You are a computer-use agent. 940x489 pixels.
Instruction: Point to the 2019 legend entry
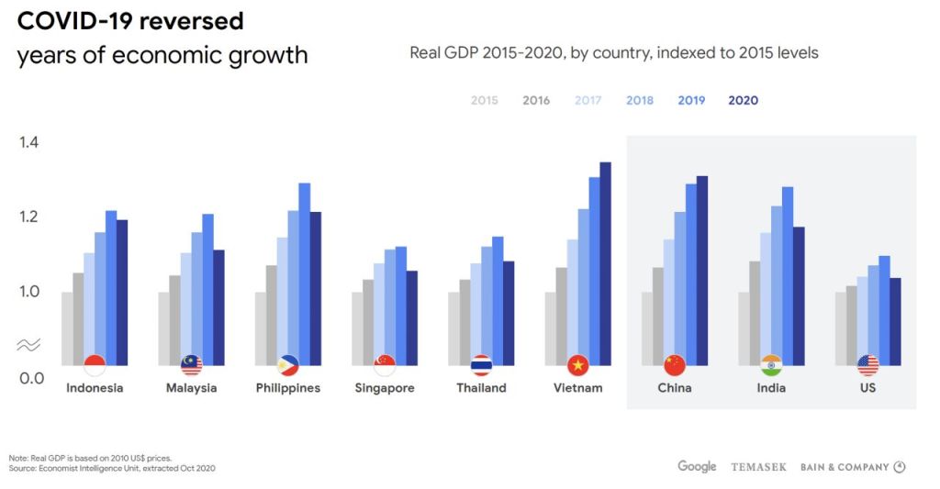tap(691, 100)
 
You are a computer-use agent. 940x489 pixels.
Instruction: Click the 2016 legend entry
tap(536, 100)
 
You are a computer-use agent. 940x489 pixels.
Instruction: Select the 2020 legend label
tap(743, 100)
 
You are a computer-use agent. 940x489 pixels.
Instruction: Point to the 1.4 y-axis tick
tap(31, 141)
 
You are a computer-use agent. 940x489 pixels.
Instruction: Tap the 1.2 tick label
tap(31, 217)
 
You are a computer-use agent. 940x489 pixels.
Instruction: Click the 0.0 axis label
tap(31, 377)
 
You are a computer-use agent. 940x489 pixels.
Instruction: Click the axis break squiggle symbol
tap(28, 345)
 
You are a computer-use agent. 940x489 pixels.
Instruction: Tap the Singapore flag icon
tap(385, 365)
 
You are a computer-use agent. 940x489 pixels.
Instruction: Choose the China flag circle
tap(675, 365)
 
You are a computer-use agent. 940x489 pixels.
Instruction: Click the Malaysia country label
tap(192, 388)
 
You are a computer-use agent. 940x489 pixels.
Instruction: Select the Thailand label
tap(481, 388)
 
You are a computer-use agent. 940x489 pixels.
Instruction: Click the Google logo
tap(697, 466)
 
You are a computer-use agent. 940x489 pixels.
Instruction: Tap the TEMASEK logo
tap(758, 467)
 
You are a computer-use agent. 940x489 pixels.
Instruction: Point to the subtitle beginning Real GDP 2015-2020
tap(613, 52)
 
